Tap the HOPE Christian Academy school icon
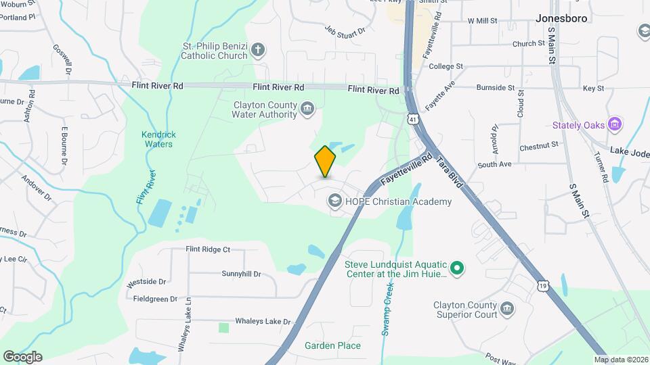point(334,201)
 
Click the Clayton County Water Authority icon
point(308,108)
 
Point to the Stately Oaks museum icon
point(615,124)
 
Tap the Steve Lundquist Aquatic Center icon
point(457,269)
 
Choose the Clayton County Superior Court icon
point(507,310)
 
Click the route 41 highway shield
point(412,119)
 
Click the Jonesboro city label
point(561,18)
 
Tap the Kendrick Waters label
point(157,139)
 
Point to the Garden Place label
point(332,345)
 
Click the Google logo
point(22,356)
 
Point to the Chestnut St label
point(539,145)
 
